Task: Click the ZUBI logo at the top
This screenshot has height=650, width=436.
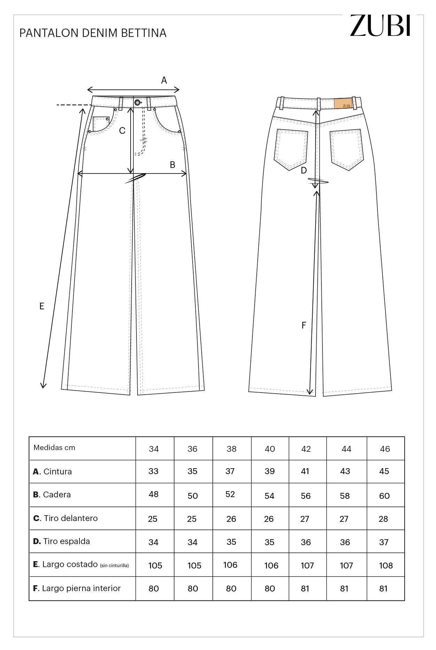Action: [x=380, y=25]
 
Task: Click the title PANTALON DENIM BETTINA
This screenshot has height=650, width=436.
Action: [x=93, y=33]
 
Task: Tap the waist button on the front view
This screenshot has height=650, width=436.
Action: [x=138, y=102]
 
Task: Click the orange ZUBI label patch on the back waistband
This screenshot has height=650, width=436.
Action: [x=343, y=104]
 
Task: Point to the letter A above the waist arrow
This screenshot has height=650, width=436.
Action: [x=164, y=80]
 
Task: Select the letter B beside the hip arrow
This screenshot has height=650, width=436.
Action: [x=172, y=165]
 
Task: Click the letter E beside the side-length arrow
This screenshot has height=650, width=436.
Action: [x=42, y=306]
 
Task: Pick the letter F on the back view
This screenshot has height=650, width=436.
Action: [x=304, y=325]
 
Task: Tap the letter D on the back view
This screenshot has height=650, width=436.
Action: [x=304, y=170]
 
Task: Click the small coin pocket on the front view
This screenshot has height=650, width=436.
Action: [x=101, y=123]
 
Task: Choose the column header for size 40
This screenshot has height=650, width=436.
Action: [x=270, y=449]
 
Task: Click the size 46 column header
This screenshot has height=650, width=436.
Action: [x=385, y=449]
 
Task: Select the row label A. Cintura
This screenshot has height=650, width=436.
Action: [x=53, y=472]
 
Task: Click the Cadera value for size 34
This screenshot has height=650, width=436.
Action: [x=154, y=494]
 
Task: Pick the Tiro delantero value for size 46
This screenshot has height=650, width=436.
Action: [x=383, y=519]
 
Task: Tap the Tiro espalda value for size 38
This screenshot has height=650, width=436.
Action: [x=231, y=542]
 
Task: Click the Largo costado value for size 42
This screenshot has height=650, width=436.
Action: [x=307, y=565]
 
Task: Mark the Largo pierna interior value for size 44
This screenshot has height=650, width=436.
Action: [x=344, y=589]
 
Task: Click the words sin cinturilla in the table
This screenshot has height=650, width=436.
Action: [x=114, y=566]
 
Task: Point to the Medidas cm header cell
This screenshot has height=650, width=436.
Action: [x=54, y=448]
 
